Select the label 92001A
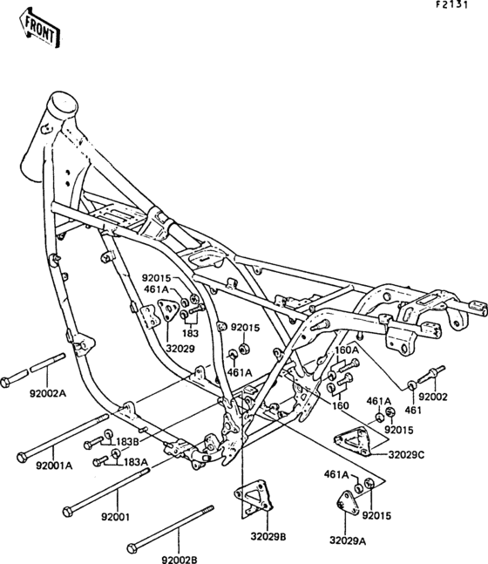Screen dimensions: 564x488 (53, 465)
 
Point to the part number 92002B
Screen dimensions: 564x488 (178, 547)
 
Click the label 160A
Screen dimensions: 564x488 (347, 350)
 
